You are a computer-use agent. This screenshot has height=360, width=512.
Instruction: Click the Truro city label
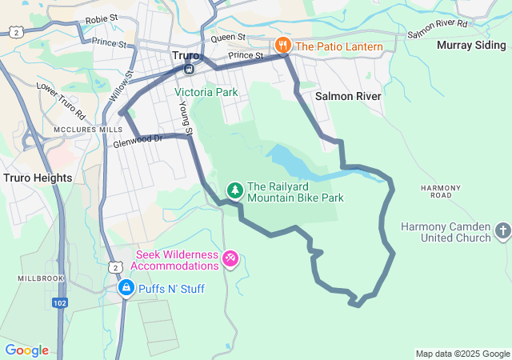pyautogui.click(x=186, y=55)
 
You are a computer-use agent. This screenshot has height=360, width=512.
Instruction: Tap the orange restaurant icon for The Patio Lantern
pyautogui.click(x=282, y=46)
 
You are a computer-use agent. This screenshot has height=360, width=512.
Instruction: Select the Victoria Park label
pyautogui.click(x=206, y=92)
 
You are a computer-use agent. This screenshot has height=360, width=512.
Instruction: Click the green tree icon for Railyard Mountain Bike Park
pyautogui.click(x=234, y=190)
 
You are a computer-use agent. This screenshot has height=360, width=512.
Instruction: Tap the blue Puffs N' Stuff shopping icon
pyautogui.click(x=126, y=287)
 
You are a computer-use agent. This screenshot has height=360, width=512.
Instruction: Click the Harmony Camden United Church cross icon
pyautogui.click(x=502, y=232)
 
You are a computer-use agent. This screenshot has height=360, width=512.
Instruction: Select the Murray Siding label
pyautogui.click(x=471, y=45)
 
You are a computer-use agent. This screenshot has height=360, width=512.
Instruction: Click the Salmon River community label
pyautogui.click(x=347, y=95)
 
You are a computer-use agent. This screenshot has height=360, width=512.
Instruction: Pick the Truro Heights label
pyautogui.click(x=38, y=178)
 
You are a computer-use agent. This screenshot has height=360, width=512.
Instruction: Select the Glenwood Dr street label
pyautogui.click(x=138, y=139)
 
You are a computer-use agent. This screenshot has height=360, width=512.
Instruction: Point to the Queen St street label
pyautogui.click(x=228, y=38)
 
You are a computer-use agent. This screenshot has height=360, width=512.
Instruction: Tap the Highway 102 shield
pyautogui.click(x=59, y=303)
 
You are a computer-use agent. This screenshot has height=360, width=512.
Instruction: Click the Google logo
pyautogui.click(x=26, y=350)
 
